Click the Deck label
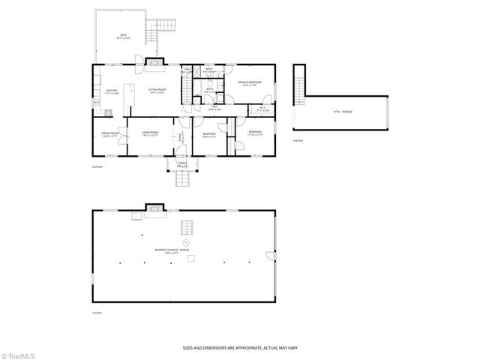pyautogui.click(x=121, y=35)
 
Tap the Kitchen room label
pyautogui.click(x=111, y=91)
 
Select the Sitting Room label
pyautogui.click(x=156, y=91)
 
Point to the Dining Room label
pyautogui.click(x=110, y=135)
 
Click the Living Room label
pyautogui.click(x=148, y=135)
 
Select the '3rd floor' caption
pyautogui.click(x=298, y=140)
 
